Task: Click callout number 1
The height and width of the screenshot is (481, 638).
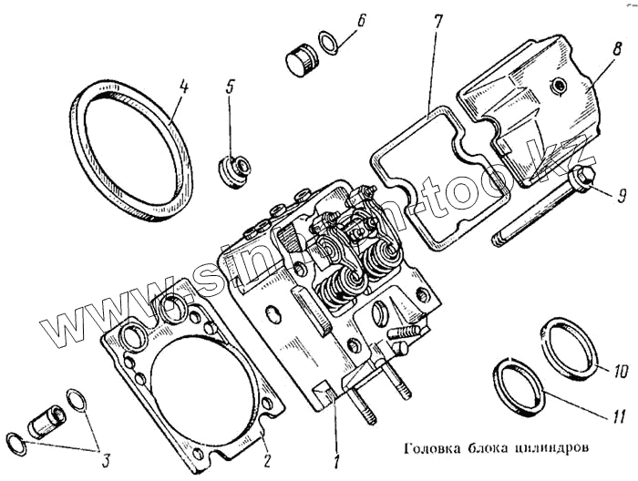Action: click(x=336, y=461)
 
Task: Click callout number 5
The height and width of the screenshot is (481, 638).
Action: click(x=231, y=88)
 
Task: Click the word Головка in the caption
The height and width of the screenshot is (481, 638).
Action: click(x=428, y=447)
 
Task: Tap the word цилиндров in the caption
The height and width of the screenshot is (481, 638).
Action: click(x=547, y=447)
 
